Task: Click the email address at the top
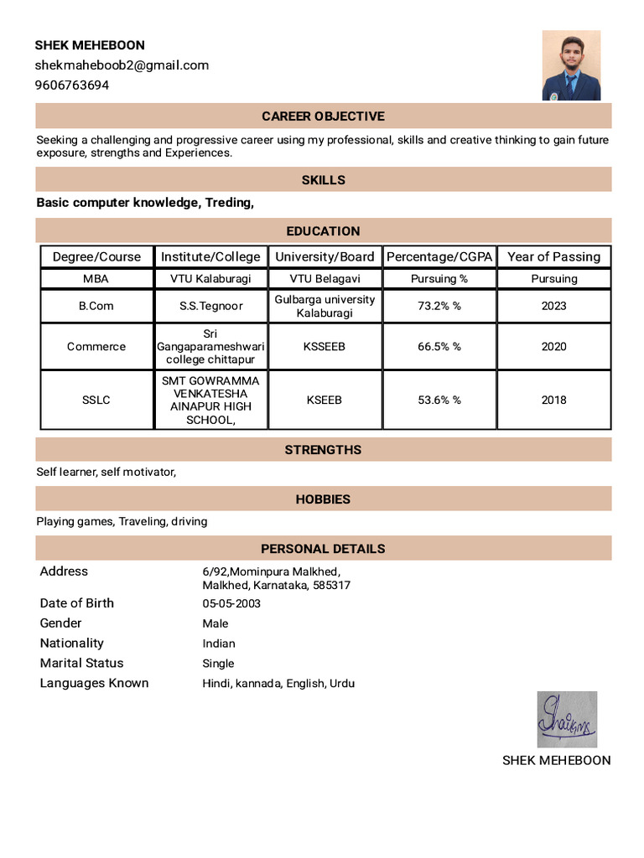pyautogui.click(x=122, y=65)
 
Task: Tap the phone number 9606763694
pyautogui.click(x=72, y=85)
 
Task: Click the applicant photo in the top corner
pyautogui.click(x=571, y=65)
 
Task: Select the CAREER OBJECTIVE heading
pyautogui.click(x=323, y=116)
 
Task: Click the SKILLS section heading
pyautogui.click(x=323, y=180)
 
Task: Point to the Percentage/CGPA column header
pyautogui.click(x=439, y=257)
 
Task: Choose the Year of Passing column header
pyautogui.click(x=553, y=257)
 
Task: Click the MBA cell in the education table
pyautogui.click(x=96, y=279)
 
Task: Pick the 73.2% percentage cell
pyautogui.click(x=439, y=306)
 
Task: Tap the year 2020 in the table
pyautogui.click(x=553, y=347)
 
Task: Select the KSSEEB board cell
pyautogui.click(x=325, y=347)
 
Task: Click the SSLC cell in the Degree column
pyautogui.click(x=96, y=401)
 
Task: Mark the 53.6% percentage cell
pyautogui.click(x=439, y=401)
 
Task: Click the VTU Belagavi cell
pyautogui.click(x=325, y=279)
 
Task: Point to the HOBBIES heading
pyautogui.click(x=323, y=499)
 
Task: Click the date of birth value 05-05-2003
pyautogui.click(x=231, y=604)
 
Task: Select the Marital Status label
pyautogui.click(x=81, y=664)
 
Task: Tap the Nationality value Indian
pyautogui.click(x=219, y=643)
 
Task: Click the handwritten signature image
pyautogui.click(x=567, y=719)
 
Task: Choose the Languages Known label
pyautogui.click(x=94, y=684)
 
